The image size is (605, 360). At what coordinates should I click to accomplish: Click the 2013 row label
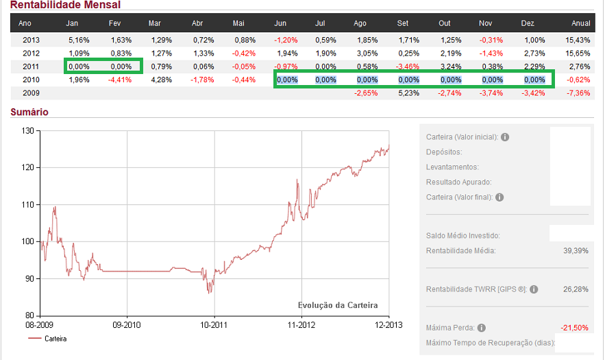tap(31, 40)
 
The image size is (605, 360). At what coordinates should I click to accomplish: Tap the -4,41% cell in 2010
tap(119, 80)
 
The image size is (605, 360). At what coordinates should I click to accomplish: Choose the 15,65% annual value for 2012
tap(579, 53)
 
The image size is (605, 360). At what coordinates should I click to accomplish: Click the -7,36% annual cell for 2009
tap(579, 93)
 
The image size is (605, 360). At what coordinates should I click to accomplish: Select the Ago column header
tap(360, 23)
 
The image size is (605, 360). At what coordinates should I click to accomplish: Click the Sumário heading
tap(29, 112)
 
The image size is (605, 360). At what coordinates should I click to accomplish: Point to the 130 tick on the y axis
tap(27, 130)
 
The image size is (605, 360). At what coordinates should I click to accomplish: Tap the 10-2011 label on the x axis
tap(214, 324)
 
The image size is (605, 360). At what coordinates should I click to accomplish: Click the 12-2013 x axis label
tap(388, 324)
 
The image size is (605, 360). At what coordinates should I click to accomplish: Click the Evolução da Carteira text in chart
tap(338, 305)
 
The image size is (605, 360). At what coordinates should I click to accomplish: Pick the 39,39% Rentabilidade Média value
tap(576, 251)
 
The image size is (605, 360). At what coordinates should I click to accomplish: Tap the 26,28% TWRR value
tap(576, 289)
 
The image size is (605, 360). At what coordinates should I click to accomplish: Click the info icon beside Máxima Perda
tap(482, 328)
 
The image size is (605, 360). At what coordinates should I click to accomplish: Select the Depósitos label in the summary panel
tap(444, 152)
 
